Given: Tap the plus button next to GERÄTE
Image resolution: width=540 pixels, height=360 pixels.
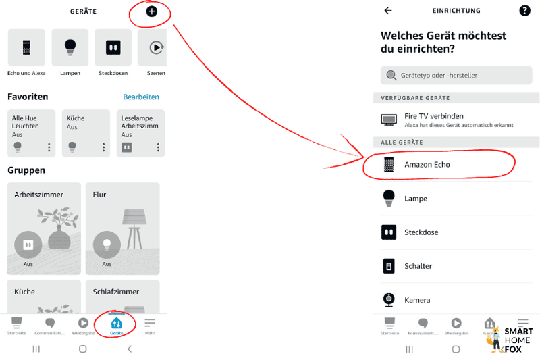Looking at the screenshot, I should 152,11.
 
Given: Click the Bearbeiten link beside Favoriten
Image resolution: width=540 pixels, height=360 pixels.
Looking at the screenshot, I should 141,97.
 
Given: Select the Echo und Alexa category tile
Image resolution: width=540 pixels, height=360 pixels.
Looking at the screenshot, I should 26,48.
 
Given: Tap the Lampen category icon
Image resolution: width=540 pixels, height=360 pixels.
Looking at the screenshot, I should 70,48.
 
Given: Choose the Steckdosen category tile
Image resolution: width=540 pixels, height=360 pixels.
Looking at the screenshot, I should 113,48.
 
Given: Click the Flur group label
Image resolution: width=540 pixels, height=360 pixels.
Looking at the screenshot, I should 100,195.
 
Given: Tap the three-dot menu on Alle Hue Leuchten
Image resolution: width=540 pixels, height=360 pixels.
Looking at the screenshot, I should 49,147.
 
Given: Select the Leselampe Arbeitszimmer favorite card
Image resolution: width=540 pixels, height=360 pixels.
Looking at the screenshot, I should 140,132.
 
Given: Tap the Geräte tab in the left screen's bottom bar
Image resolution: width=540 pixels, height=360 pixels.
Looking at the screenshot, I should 116,326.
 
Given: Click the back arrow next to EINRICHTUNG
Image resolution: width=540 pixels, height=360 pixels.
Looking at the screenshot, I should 387,11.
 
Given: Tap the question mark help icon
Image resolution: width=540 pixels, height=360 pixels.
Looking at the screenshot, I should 524,11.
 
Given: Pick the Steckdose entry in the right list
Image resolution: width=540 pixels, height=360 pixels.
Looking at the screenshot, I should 421,232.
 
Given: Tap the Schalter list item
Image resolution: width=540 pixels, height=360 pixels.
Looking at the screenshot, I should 418,266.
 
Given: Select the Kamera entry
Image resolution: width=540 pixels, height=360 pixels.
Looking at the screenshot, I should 416,300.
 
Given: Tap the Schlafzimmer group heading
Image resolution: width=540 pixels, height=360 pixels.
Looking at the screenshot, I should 116,292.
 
